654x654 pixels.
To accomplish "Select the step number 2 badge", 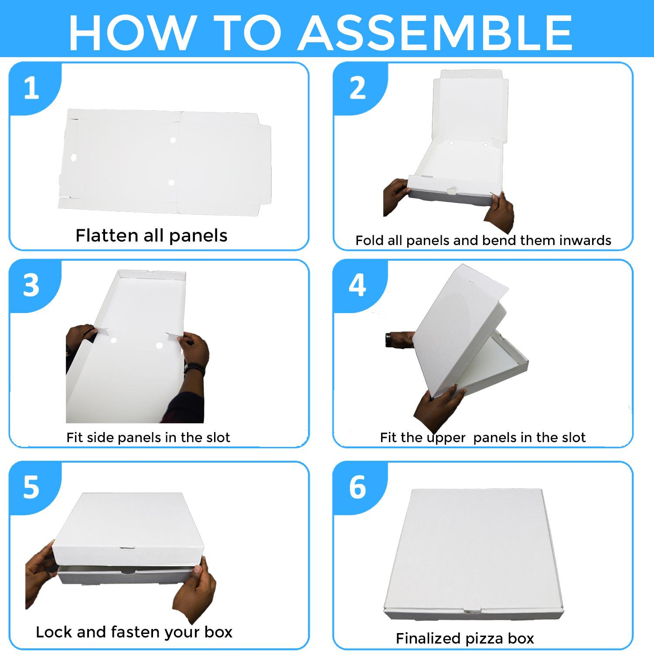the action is click(358, 89).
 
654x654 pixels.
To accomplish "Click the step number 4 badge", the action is click(358, 286).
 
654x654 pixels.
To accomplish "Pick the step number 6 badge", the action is click(358, 487).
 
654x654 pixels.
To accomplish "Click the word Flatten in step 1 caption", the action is click(107, 235).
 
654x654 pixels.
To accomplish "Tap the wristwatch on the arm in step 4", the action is click(388, 340).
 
